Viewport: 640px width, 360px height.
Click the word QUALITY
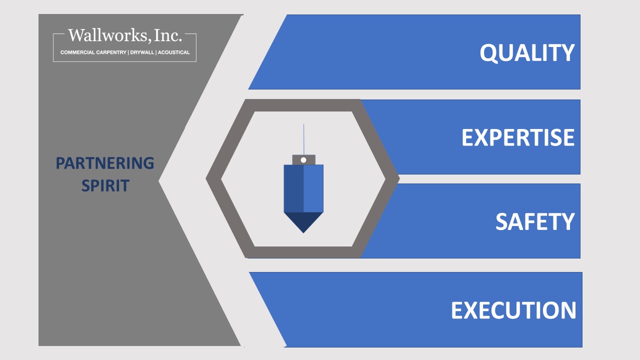point(527,53)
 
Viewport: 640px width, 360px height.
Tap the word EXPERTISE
point(518,137)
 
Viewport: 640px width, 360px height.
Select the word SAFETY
point(535,221)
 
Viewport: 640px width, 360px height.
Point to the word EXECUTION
point(513,310)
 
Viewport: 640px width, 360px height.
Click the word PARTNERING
point(105,163)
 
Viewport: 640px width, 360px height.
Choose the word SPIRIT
point(105,185)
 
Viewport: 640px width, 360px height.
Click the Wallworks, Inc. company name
point(125,35)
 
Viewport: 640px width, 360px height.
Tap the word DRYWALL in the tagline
point(142,52)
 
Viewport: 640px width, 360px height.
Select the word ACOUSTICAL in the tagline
point(173,52)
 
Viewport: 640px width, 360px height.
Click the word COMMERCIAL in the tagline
point(77,52)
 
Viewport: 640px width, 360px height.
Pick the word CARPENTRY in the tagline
point(111,52)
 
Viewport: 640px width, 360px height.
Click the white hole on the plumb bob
point(303,160)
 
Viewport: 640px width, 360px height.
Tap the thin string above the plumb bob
point(303,139)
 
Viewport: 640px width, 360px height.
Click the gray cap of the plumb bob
point(303,159)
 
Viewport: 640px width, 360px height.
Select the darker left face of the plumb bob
point(293,188)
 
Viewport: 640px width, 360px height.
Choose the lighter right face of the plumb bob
point(313,188)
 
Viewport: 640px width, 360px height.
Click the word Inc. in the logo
point(167,35)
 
